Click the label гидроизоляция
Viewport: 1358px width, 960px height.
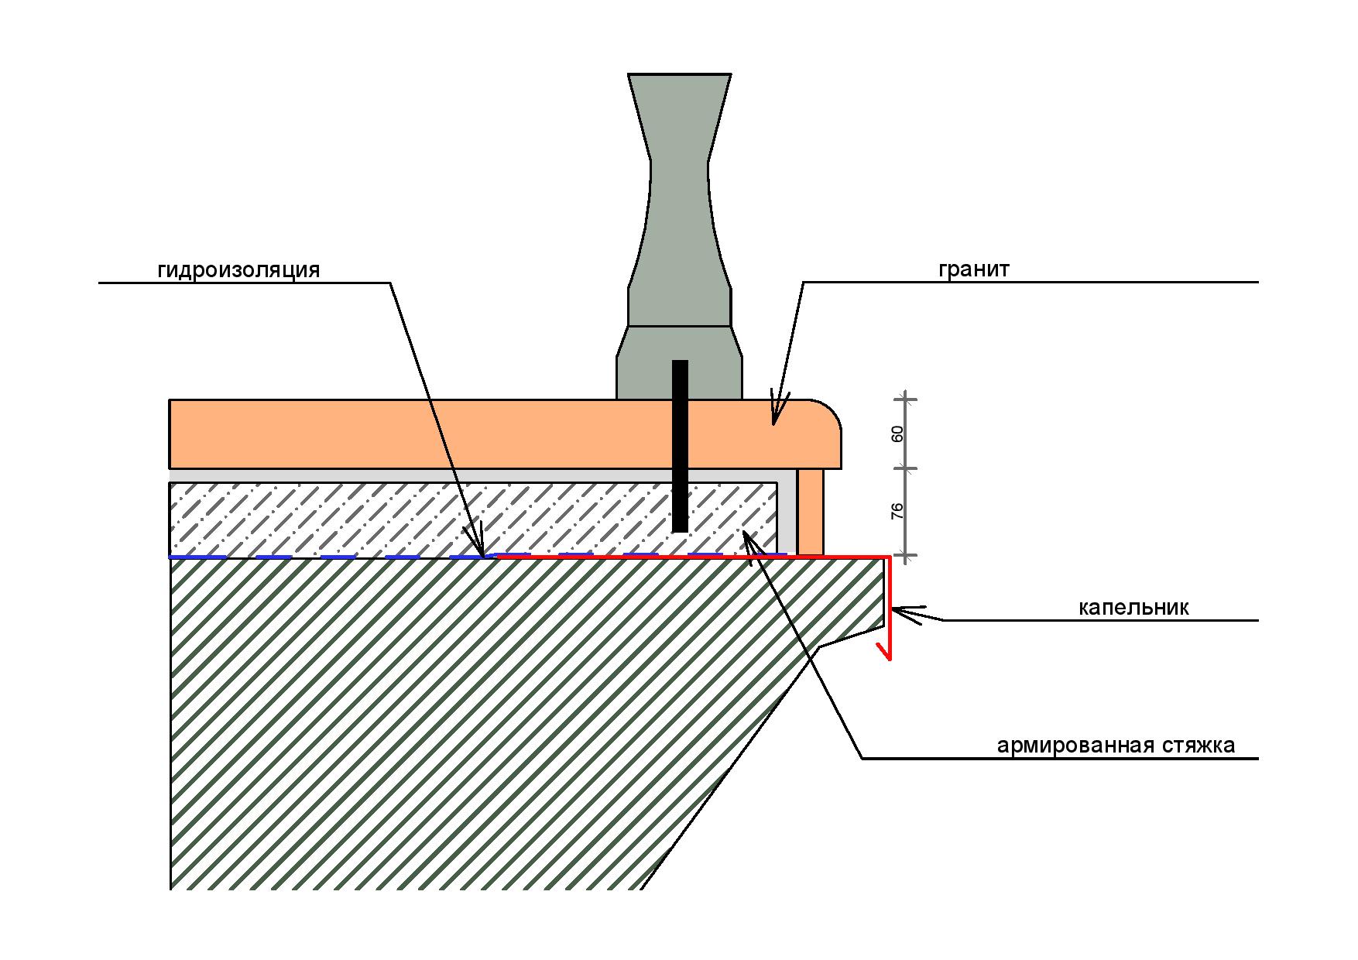pyautogui.click(x=238, y=270)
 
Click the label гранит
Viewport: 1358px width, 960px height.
pyautogui.click(x=974, y=270)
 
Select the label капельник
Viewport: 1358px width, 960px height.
pyautogui.click(x=1133, y=608)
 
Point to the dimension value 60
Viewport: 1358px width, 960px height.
pyautogui.click(x=897, y=434)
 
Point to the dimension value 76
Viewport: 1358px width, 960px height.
pyautogui.click(x=897, y=511)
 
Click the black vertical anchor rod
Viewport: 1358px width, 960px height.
pyautogui.click(x=680, y=446)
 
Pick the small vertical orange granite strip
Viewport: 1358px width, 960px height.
pyautogui.click(x=811, y=512)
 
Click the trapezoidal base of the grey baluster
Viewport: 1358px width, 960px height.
pyautogui.click(x=679, y=362)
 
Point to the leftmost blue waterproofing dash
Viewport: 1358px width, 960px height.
pyautogui.click(x=198, y=557)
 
